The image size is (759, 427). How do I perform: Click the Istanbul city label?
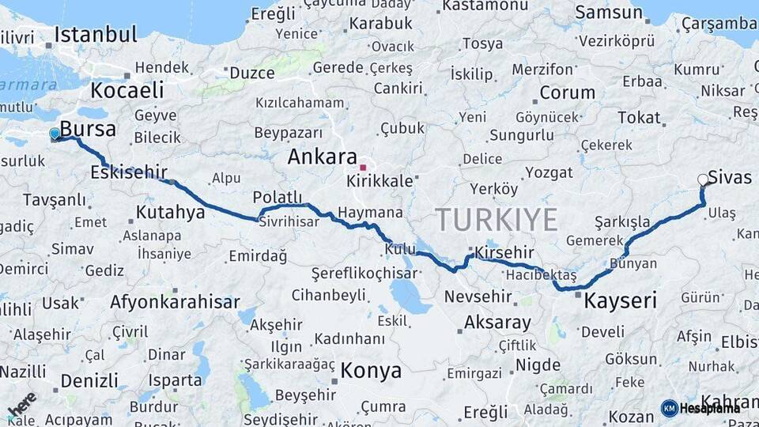pos(96,35)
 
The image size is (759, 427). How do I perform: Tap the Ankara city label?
pos(322,157)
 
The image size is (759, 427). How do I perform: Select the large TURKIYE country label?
pos(497,219)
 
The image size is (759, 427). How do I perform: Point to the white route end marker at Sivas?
pos(702,179)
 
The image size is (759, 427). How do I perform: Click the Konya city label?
pos(371,370)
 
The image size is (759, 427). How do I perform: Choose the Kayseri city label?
pos(621,300)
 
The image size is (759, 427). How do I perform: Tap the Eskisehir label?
pos(129,172)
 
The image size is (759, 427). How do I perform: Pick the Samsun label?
pos(608,12)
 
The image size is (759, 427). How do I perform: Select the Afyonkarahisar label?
pos(175,302)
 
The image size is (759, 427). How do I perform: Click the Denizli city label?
pos(89,380)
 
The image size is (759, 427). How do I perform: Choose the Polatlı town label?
pos(278,197)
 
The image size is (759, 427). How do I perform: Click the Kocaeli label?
pos(126,89)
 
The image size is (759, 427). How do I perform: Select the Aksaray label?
pos(497,323)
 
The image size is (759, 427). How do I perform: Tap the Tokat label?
pos(639,118)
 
